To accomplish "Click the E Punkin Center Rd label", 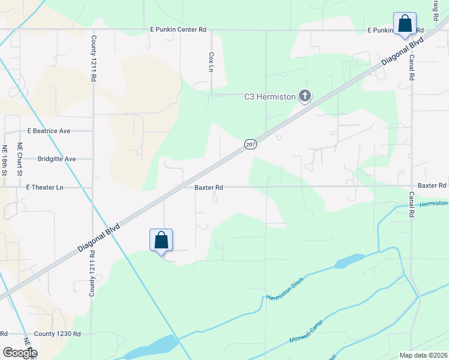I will click(178, 29).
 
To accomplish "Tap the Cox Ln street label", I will click(211, 62).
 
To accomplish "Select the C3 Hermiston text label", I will click(270, 96).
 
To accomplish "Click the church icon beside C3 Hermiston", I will click(305, 95).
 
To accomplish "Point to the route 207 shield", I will click(250, 144).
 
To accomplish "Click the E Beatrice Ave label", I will click(49, 130).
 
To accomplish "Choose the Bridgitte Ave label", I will click(56, 159).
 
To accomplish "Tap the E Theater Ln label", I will click(44, 187).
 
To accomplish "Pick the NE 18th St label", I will click(5, 160).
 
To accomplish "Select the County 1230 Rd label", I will click(57, 334).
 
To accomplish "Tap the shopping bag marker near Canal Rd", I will click(405, 24).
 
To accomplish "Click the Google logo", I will click(20, 353).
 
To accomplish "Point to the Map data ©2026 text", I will click(423, 355).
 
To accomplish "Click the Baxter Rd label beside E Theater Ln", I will click(209, 187).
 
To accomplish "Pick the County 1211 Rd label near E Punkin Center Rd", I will click(94, 59).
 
